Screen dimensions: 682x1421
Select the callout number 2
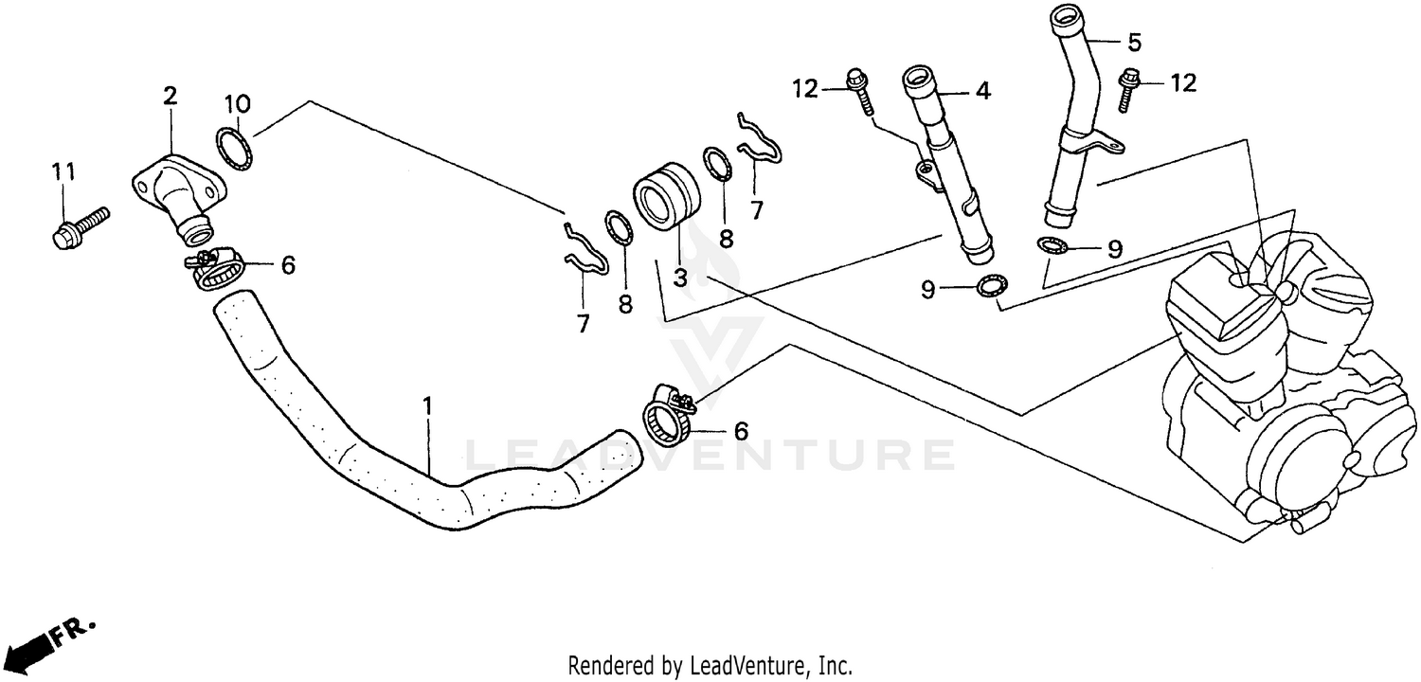[170, 96]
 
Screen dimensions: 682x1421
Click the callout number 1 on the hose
[427, 406]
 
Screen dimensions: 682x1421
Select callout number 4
[982, 92]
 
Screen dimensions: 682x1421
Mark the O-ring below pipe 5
[1053, 246]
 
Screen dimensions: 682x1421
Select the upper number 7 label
[756, 210]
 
